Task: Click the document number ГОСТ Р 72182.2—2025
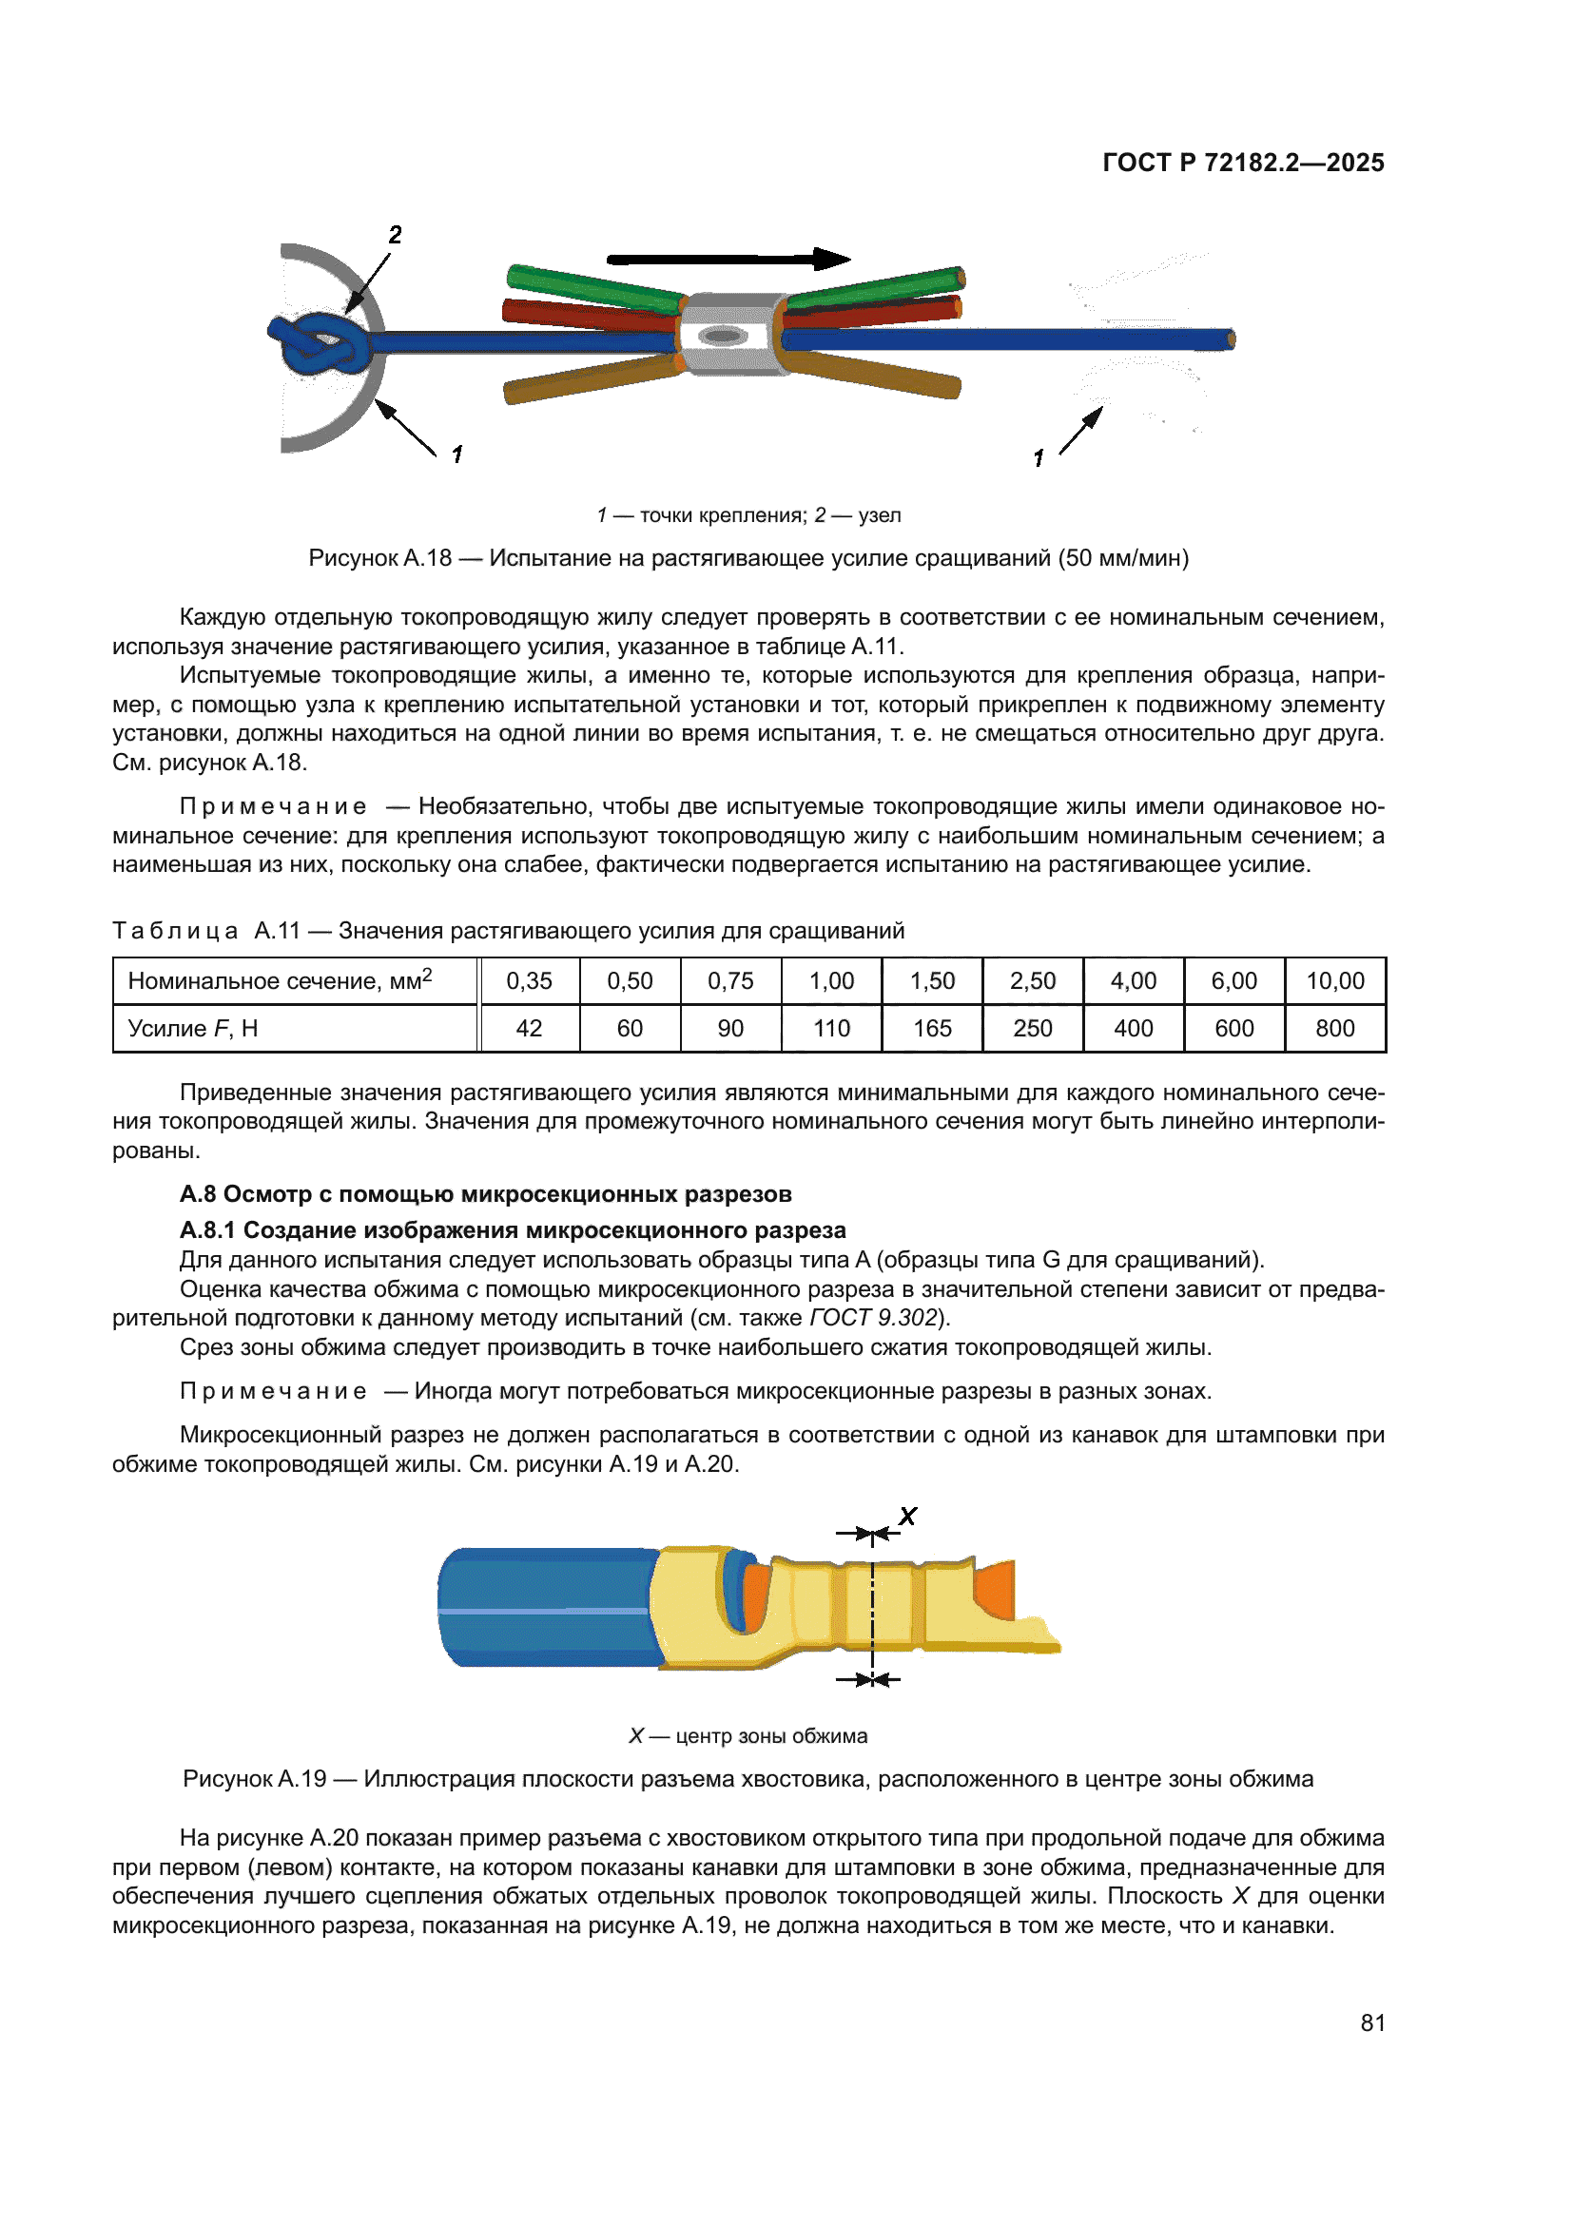pyautogui.click(x=1243, y=163)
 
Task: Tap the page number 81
pyautogui.click(x=1372, y=2022)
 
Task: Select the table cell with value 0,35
pyautogui.click(x=529, y=981)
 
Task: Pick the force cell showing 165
pyautogui.click(x=932, y=1029)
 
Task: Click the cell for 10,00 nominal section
pyautogui.click(x=1334, y=981)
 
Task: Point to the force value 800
pyautogui.click(x=1334, y=1029)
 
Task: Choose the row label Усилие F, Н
pyautogui.click(x=193, y=1029)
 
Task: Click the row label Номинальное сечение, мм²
pyautogui.click(x=279, y=981)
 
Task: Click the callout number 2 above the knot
pyautogui.click(x=396, y=236)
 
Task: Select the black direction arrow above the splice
pyautogui.click(x=728, y=259)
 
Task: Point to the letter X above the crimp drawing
pyautogui.click(x=907, y=1517)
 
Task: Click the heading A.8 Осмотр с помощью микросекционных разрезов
pyautogui.click(x=485, y=1194)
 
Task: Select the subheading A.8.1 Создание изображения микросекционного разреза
pyautogui.click(x=513, y=1230)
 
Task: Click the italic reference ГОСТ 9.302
pyautogui.click(x=873, y=1318)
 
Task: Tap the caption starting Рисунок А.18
pyautogui.click(x=748, y=558)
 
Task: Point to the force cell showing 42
pyautogui.click(x=529, y=1029)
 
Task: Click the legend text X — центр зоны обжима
pyautogui.click(x=748, y=1736)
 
